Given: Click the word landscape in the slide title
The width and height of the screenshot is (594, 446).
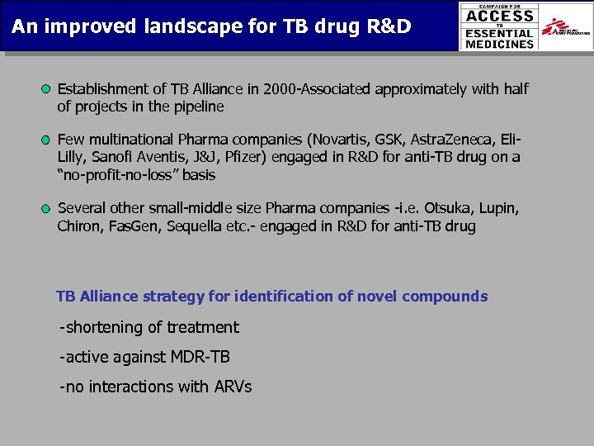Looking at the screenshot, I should click(x=173, y=26).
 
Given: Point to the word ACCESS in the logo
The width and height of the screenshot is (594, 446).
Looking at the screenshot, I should click(x=500, y=15).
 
